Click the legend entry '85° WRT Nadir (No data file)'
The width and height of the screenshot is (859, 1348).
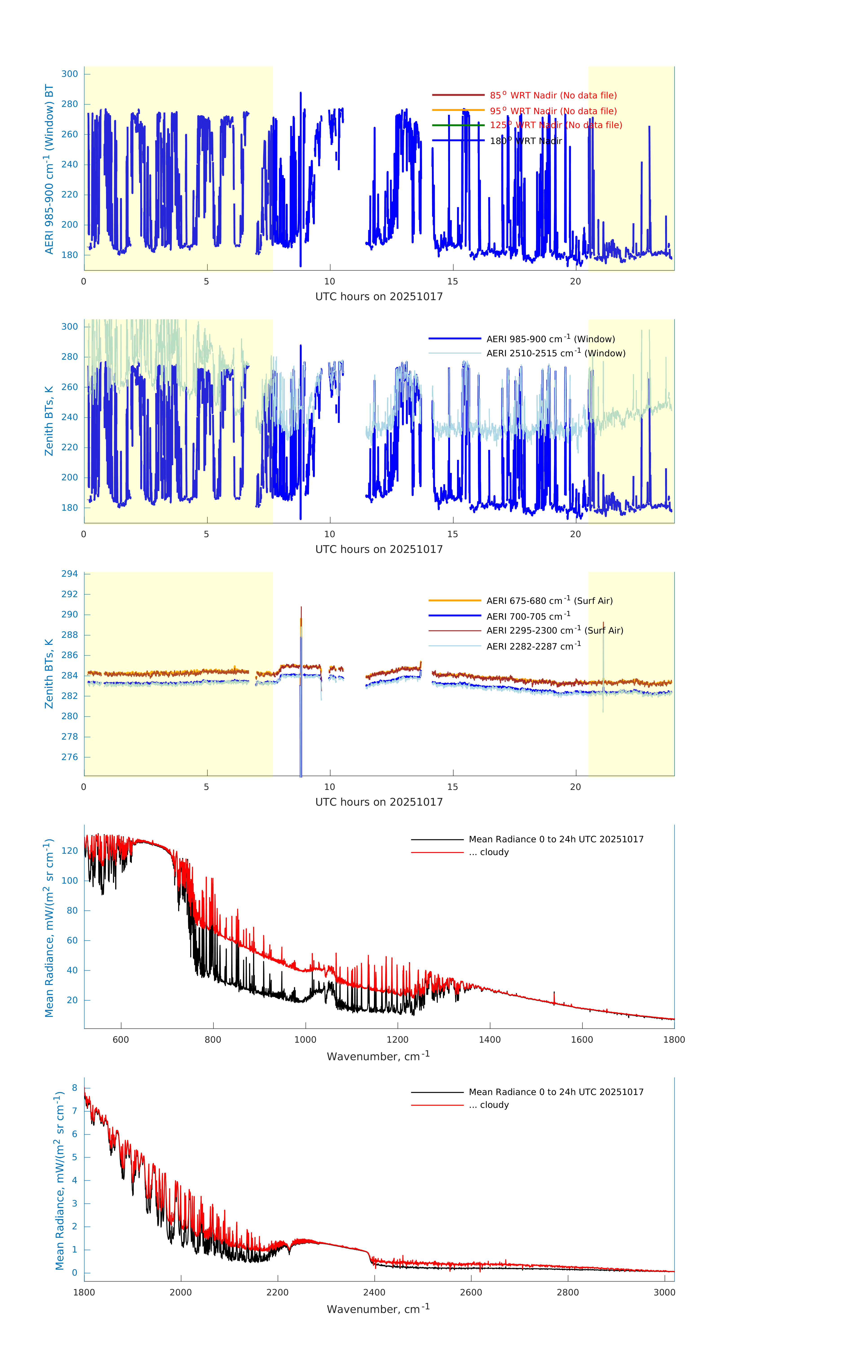pyautogui.click(x=553, y=95)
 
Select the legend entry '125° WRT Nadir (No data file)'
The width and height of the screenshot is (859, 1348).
pyautogui.click(x=556, y=125)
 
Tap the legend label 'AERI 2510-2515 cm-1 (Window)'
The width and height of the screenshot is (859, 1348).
pyautogui.click(x=556, y=353)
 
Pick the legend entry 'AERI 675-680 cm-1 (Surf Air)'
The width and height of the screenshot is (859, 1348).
pyautogui.click(x=549, y=601)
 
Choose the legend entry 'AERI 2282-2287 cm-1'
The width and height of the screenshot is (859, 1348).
pyautogui.click(x=533, y=646)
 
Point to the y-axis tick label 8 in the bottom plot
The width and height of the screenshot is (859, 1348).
pyautogui.click(x=74, y=1088)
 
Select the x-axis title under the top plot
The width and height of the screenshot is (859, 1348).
pyautogui.click(x=379, y=297)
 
